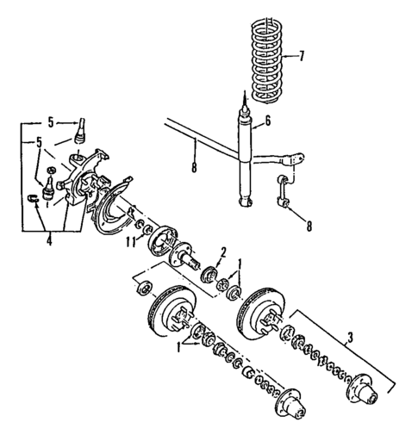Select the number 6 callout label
[x=268, y=122]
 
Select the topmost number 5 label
[x=51, y=121]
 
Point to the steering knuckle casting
[x=86, y=181]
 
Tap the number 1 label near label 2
[x=240, y=264]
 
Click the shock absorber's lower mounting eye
[x=246, y=203]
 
